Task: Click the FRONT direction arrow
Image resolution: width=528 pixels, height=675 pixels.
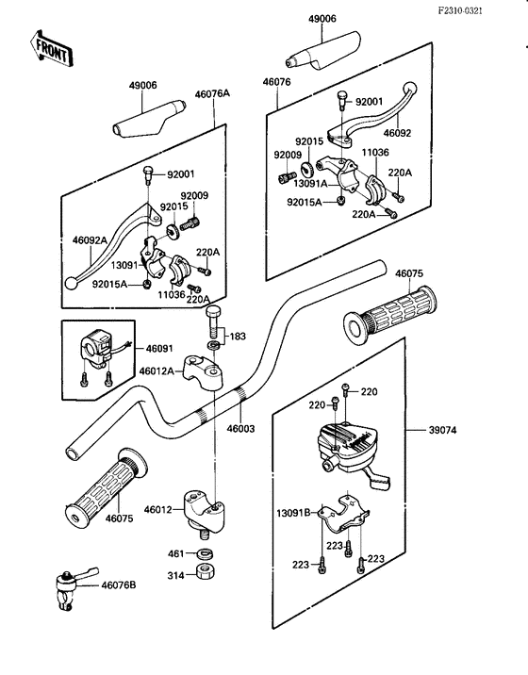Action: coord(51,48)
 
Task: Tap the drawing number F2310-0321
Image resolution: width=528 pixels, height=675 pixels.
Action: coord(460,10)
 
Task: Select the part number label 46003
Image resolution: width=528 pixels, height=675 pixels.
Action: coord(240,428)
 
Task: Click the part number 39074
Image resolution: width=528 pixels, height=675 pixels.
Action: coord(443,430)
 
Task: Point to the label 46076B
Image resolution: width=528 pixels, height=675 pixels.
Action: coord(119,585)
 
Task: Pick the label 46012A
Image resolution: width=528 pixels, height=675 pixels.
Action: coord(157,370)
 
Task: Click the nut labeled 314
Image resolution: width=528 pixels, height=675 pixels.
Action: coord(206,571)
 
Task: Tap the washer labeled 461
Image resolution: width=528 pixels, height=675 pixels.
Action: coord(206,553)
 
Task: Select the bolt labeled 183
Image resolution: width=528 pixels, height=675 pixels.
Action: coord(214,322)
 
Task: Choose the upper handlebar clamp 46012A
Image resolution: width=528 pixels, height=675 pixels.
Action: coord(203,372)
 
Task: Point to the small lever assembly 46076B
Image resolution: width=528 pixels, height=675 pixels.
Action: coord(73,586)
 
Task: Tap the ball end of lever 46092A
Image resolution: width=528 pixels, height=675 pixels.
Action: coord(70,284)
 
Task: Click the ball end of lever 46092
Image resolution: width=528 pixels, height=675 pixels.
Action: coord(409,89)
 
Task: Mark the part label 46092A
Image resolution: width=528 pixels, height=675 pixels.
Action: coord(90,240)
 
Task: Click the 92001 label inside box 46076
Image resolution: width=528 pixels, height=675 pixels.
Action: coord(369,102)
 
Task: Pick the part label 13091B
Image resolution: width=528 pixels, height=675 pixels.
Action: coord(293,513)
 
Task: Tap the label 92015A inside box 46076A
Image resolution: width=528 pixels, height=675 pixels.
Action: coord(109,284)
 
